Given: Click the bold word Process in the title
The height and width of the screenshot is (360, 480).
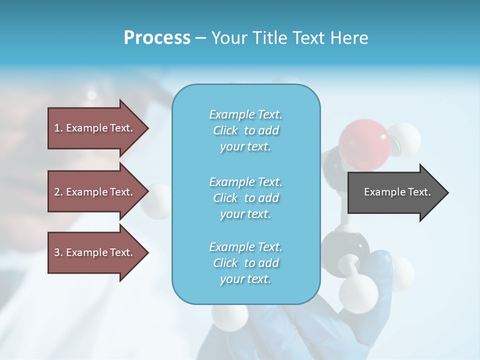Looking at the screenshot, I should pos(157,38).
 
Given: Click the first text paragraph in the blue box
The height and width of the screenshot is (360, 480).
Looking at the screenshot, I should pos(245,130).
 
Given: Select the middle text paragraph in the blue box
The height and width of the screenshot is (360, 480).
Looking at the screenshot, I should pos(245,198).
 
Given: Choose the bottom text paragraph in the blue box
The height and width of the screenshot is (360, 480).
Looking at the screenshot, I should pos(245,263).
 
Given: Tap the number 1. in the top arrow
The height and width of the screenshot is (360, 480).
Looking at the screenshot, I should pos(58,128).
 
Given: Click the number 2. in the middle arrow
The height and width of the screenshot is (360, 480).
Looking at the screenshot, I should pos(58,192).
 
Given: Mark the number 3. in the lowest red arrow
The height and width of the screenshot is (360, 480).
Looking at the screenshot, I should pos(58,252).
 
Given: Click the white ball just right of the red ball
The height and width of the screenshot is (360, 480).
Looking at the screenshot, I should pos(404,137).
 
